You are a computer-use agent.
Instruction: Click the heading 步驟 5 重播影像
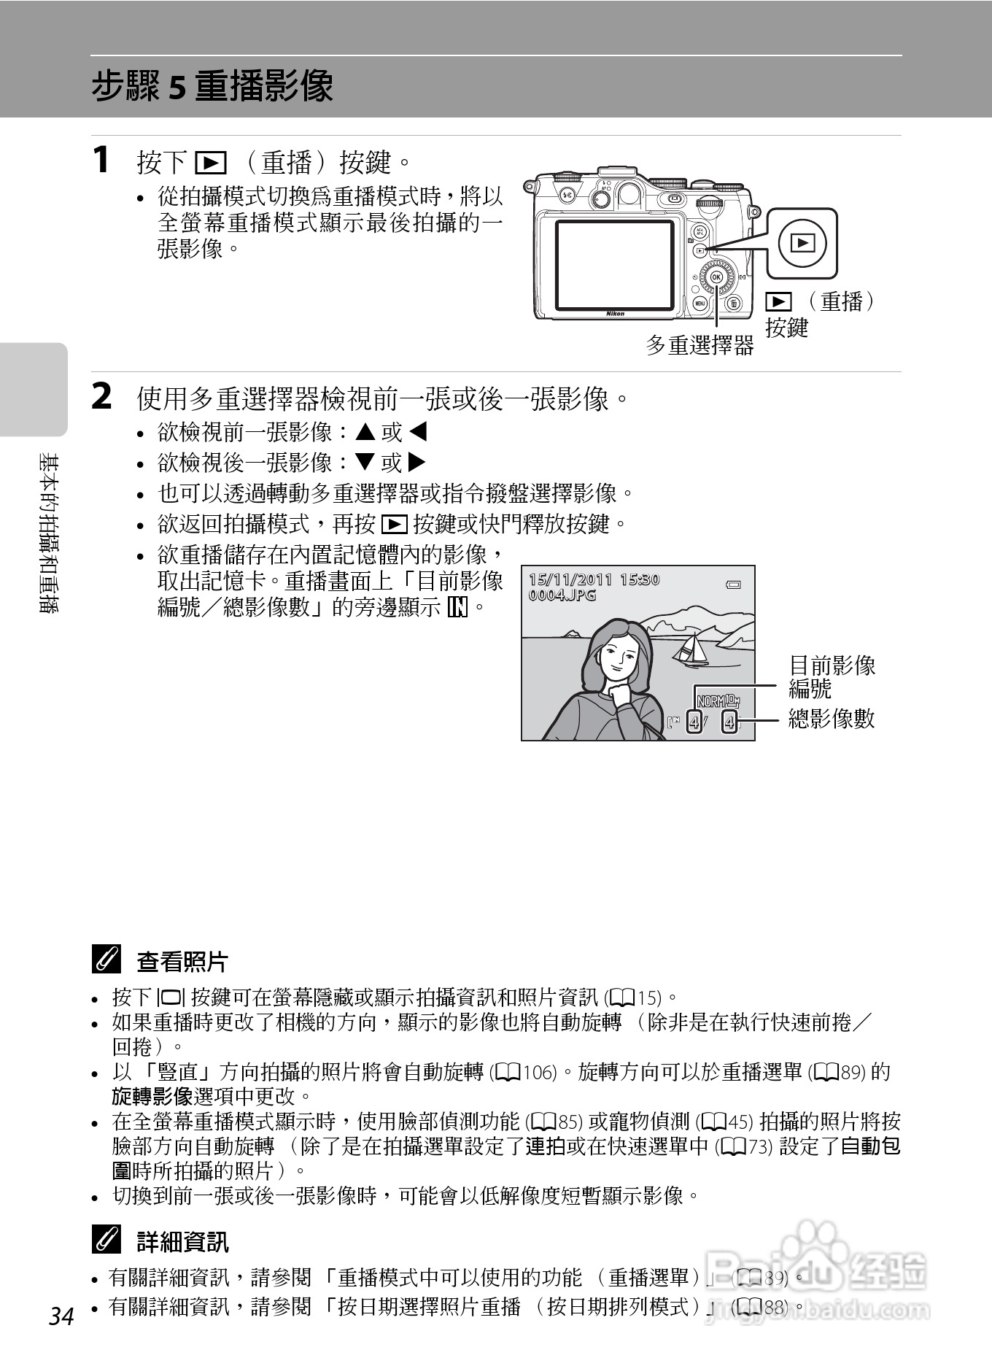pos(212,86)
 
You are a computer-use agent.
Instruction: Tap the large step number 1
pos(102,160)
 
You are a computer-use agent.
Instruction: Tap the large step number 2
pos(102,397)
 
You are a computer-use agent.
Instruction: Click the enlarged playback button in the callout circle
pos(802,243)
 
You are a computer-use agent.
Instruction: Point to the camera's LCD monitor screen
pos(615,264)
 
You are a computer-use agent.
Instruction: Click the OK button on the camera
pos(716,277)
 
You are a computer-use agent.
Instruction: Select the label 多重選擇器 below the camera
pos(700,346)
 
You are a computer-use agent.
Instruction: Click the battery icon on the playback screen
pos(733,584)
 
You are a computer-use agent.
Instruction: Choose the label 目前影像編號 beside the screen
pos(832,676)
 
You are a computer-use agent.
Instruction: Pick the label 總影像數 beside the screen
pos(832,719)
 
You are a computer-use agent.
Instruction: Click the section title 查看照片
pos(182,962)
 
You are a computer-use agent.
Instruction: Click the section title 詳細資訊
pos(182,1242)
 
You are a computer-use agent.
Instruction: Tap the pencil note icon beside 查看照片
pos(106,960)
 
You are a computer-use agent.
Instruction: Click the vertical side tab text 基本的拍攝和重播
pos(50,533)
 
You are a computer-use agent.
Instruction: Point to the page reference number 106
pos(539,1073)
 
